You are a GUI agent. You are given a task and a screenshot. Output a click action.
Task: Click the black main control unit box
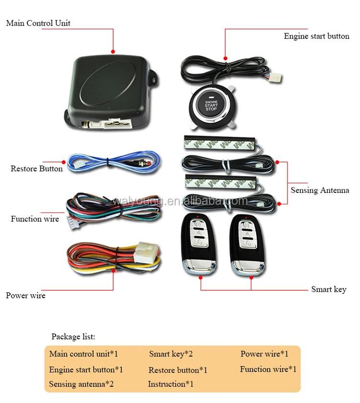111,93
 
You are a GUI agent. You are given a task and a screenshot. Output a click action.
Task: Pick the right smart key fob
247,245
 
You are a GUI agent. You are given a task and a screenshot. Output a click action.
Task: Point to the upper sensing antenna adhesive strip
220,143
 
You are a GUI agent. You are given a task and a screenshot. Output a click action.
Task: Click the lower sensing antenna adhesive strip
221,182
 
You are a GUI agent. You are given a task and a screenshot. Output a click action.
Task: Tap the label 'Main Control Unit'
38,23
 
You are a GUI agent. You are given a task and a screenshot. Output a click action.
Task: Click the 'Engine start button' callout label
316,36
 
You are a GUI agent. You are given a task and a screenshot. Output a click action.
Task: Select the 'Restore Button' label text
36,168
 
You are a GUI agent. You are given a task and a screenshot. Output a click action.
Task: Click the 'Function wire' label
35,219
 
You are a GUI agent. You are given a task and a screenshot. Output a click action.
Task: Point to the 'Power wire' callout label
26,296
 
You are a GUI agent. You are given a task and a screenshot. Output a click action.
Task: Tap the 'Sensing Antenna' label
320,190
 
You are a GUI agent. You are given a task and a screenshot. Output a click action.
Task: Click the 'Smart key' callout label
329,289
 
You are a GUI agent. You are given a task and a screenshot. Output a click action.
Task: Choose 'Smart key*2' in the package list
171,354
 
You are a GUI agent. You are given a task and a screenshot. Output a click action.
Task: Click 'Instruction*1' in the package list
170,384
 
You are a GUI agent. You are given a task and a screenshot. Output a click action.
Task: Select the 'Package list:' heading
73,337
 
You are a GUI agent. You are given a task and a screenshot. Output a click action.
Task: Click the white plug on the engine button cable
277,78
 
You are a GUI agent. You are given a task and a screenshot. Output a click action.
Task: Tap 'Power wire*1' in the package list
264,354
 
